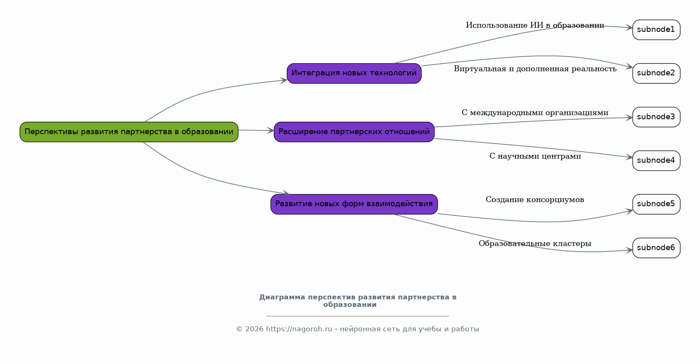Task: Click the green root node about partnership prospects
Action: [129, 132]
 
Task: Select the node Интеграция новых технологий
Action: [354, 73]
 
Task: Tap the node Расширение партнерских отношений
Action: [354, 132]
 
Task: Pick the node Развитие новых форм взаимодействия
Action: [354, 204]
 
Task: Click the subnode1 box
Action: [656, 30]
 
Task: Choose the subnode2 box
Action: [656, 73]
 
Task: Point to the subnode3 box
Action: [656, 117]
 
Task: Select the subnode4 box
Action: [656, 161]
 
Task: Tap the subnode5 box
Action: [656, 204]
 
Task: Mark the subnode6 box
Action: [656, 248]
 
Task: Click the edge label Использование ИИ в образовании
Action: [535, 25]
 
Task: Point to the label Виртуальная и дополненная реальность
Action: [535, 69]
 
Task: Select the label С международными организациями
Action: [535, 113]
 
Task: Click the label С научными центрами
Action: [535, 156]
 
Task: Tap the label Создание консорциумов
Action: [535, 200]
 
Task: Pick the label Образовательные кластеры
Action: [535, 243]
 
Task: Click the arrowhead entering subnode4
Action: [630, 157]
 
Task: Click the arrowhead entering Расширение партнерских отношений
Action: [271, 131]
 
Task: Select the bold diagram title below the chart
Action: [358, 301]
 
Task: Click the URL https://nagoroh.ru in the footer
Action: [299, 329]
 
